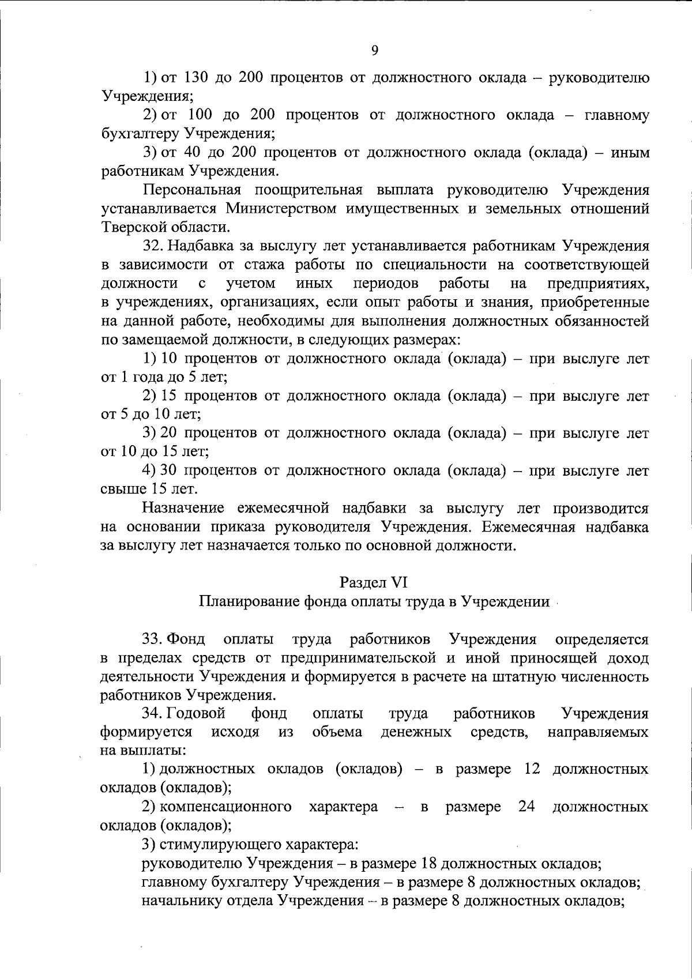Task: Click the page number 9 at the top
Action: pos(374,51)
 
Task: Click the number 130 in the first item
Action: pos(196,78)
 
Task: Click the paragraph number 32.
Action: pos(154,246)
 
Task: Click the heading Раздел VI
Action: pos(374,582)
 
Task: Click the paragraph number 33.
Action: pos(153,639)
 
